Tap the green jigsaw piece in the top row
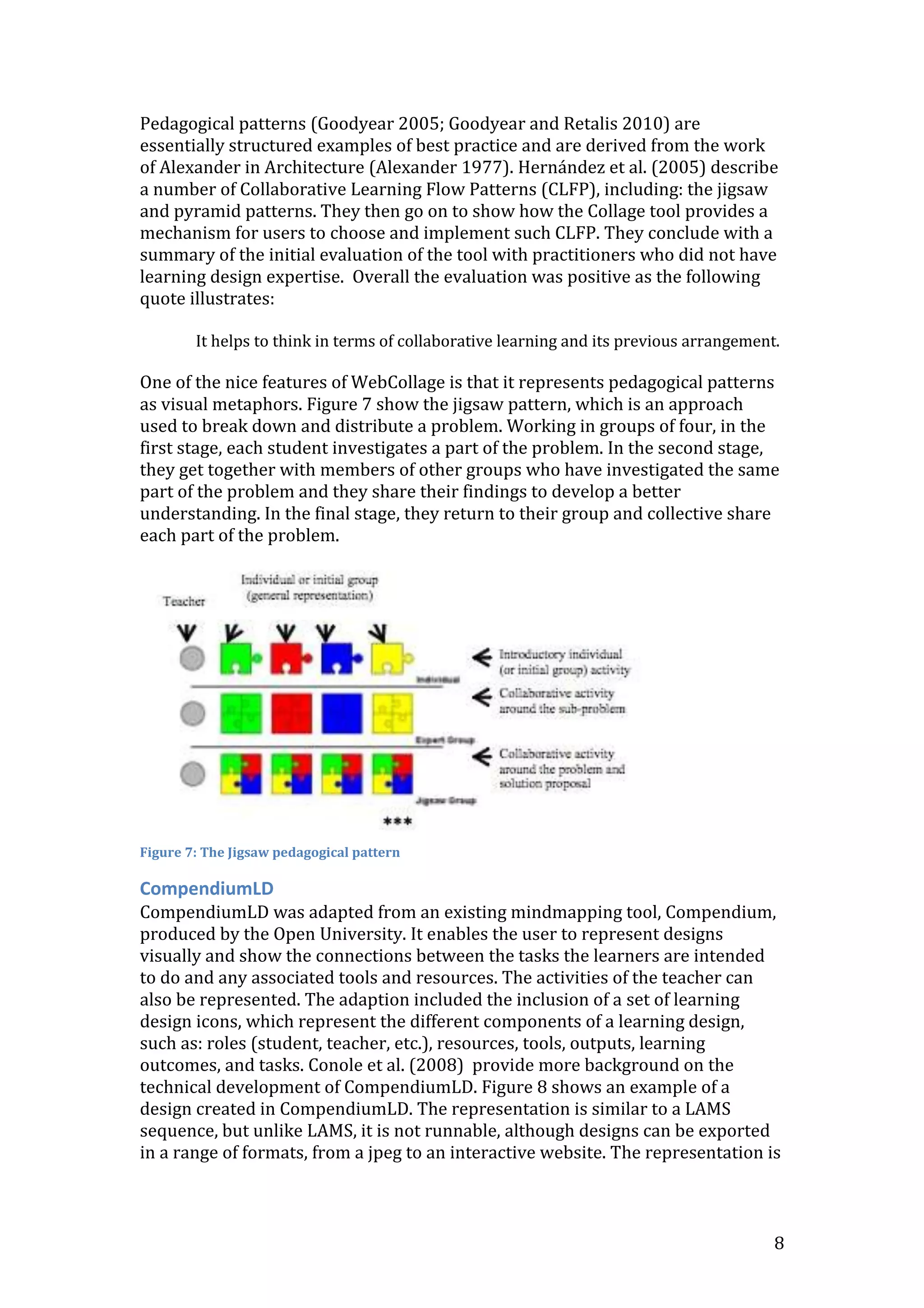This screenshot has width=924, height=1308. pyautogui.click(x=237, y=658)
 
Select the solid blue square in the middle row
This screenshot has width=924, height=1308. pyautogui.click(x=342, y=713)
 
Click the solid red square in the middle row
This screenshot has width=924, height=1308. pyautogui.click(x=291, y=713)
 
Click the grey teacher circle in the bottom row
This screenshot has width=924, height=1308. pyautogui.click(x=193, y=774)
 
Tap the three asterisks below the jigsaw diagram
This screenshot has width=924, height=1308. pyautogui.click(x=397, y=821)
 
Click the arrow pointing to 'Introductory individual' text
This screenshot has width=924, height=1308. pyautogui.click(x=482, y=658)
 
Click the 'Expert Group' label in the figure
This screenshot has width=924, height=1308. pyautogui.click(x=445, y=739)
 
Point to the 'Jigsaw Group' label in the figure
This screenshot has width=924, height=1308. pyautogui.click(x=446, y=800)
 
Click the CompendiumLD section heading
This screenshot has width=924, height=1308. pyautogui.click(x=207, y=888)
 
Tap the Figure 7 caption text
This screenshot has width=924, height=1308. pyautogui.click(x=270, y=852)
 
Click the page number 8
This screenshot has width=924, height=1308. pyautogui.click(x=779, y=1243)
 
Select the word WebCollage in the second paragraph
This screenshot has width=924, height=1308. pyautogui.click(x=397, y=382)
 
